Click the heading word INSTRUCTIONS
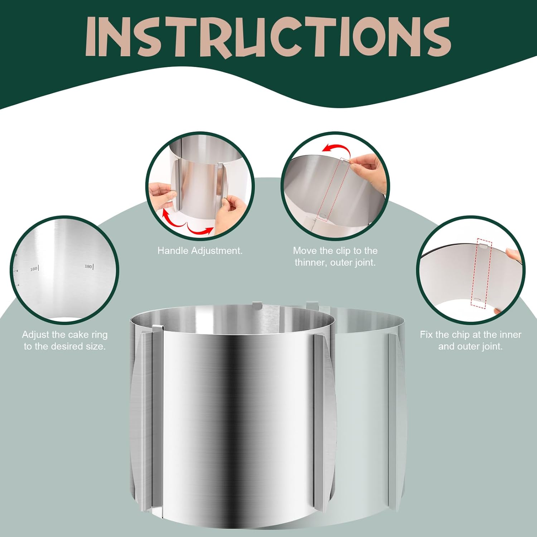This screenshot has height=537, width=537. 268,37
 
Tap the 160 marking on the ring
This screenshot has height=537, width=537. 34,268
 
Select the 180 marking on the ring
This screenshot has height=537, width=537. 88,266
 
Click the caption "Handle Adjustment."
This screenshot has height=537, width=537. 200,251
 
